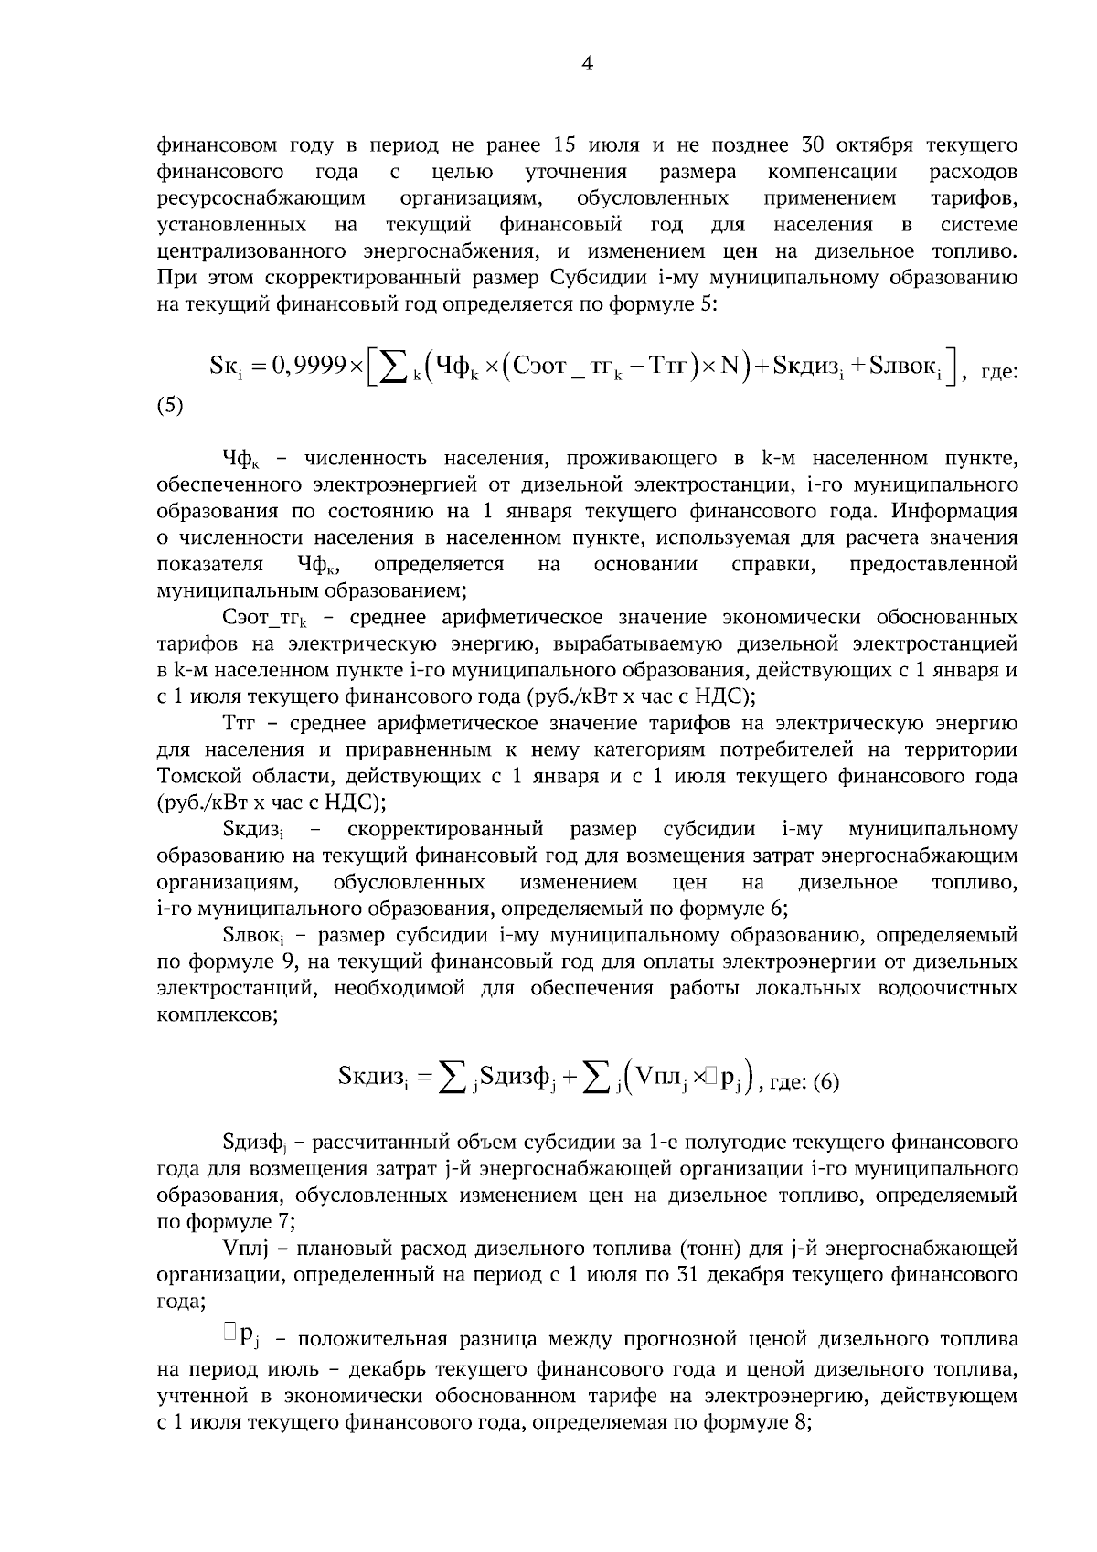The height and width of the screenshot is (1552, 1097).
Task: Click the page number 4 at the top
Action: tap(588, 64)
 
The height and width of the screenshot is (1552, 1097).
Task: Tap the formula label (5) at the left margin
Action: tap(170, 406)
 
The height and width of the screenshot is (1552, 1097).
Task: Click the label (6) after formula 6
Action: tap(825, 1083)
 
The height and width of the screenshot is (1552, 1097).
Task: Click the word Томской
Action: tap(192, 777)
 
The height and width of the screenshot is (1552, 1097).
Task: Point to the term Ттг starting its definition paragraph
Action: tap(242, 724)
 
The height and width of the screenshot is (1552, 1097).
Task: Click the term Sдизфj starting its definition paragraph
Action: tap(255, 1143)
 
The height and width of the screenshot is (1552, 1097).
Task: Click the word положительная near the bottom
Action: tap(377, 1341)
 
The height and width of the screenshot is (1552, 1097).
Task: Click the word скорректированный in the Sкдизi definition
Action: tap(445, 830)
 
